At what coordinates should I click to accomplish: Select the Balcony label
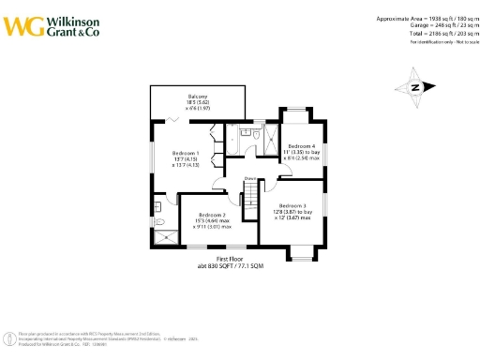pyautogui.click(x=197, y=97)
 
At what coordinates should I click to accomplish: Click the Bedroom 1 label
pyautogui.click(x=185, y=153)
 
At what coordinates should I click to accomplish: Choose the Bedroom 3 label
pyautogui.click(x=292, y=204)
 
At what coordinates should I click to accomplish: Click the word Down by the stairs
pyautogui.click(x=250, y=178)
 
